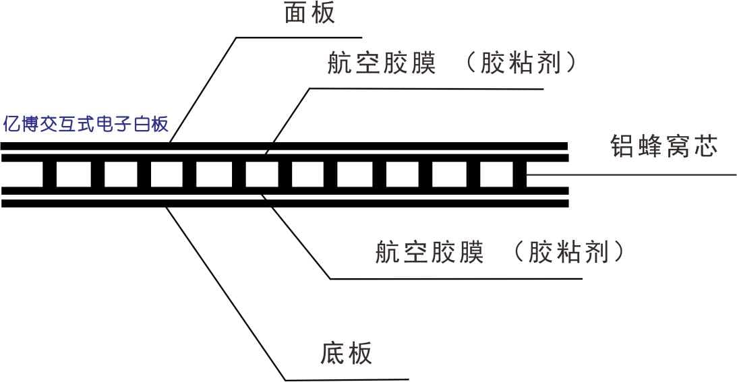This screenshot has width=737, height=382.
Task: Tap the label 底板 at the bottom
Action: pos(346,354)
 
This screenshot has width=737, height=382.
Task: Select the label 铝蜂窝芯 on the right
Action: pos(664,146)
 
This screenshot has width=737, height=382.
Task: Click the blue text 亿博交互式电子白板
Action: pos(86,125)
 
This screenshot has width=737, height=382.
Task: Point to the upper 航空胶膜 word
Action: pos(382,64)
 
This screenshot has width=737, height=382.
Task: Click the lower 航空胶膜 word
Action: pos(430,253)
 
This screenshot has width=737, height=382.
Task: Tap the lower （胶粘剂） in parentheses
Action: pos(570,253)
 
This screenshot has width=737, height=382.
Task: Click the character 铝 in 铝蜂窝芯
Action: pos(622,146)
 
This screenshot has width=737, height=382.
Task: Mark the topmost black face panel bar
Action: pos(283,146)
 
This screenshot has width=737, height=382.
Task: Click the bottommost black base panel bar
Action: pos(283,203)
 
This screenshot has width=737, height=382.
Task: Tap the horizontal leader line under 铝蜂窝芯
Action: pos(634,175)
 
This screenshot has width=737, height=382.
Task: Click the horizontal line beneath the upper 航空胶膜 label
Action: pos(425,88)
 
